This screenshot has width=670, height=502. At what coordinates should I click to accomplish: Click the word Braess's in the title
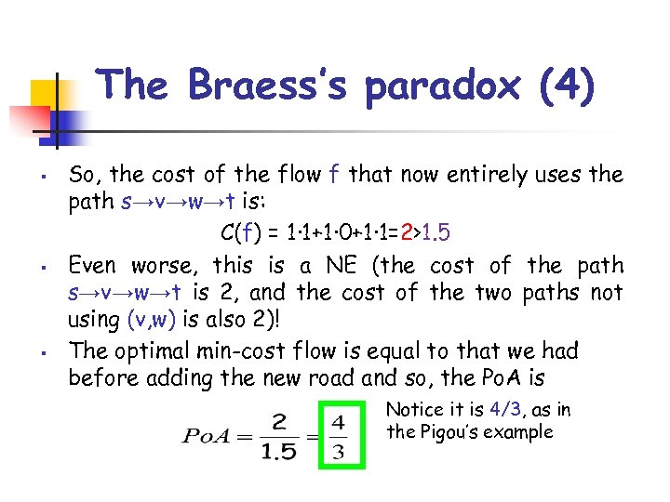269,86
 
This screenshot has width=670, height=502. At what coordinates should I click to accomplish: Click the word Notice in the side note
411,410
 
